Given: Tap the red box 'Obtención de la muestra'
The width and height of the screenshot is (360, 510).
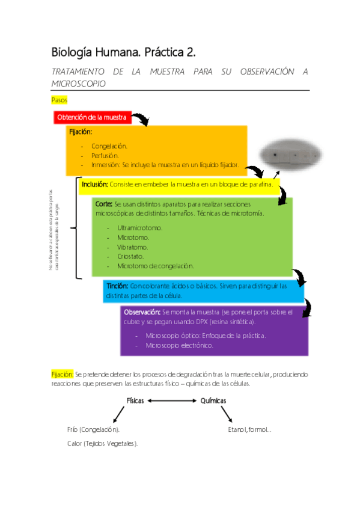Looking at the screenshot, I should click(x=91, y=117).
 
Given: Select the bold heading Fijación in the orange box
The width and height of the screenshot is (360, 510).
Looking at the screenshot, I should click(x=81, y=132).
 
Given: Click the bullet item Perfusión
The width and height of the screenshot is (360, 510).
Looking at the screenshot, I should click(x=105, y=155).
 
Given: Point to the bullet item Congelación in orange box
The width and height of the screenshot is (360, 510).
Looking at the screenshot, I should click(x=109, y=146).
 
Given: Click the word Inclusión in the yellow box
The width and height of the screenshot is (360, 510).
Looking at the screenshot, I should click(x=94, y=184).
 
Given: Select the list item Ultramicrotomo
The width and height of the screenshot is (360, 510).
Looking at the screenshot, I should click(x=139, y=228).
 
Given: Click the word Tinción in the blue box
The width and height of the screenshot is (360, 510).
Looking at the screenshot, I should click(x=117, y=286).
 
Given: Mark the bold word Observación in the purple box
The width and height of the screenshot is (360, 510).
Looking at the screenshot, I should click(x=142, y=312).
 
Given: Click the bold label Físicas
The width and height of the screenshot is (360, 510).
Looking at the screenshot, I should click(x=135, y=401).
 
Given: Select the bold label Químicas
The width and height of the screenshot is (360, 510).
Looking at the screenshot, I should click(x=213, y=401).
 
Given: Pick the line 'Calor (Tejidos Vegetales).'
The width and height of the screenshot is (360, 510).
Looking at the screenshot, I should click(x=103, y=443).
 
